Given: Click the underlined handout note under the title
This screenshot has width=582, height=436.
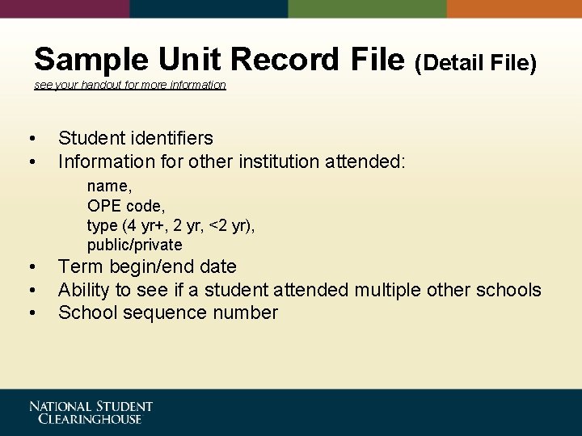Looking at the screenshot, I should click(x=130, y=85).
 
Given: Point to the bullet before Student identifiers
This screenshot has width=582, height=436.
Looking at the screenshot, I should click(x=31, y=139).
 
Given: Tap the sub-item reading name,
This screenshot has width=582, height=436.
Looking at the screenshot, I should click(x=110, y=187).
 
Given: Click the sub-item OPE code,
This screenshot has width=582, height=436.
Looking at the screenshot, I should click(x=126, y=206).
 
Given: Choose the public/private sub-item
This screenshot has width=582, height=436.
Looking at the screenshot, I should click(x=135, y=245).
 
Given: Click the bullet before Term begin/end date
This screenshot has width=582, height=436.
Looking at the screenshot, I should click(x=31, y=267).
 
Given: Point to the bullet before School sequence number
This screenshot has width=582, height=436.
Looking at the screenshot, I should click(x=31, y=313).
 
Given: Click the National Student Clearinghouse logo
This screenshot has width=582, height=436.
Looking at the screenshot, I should click(x=91, y=413).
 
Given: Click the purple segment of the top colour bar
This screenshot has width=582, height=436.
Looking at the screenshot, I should click(x=65, y=9).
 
